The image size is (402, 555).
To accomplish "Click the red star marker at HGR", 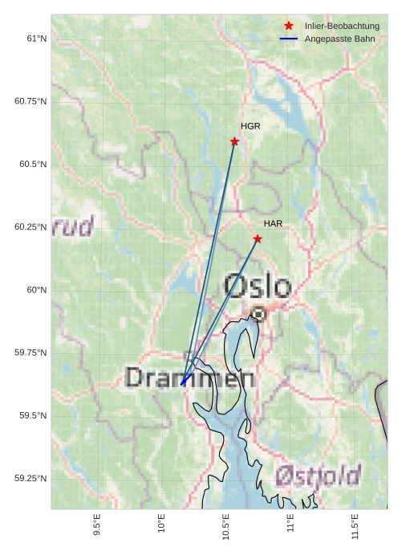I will tap(234, 141).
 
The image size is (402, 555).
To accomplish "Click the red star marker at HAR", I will tap(258, 239).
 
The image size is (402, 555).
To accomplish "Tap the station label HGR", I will tap(250, 126).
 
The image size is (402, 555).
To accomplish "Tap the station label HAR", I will tap(273, 223).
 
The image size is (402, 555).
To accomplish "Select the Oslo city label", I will tap(258, 286).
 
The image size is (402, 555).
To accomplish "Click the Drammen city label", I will tap(190, 377).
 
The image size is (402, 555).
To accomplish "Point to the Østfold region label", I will tap(317, 476).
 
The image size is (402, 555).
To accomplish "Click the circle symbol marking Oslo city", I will tap(258, 314).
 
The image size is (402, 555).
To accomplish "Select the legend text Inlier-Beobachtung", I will tap(342, 27).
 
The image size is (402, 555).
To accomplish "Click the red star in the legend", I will tap(289, 27).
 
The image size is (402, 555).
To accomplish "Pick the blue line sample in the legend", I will tap(289, 39).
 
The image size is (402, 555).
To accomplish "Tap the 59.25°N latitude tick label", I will tap(31, 479).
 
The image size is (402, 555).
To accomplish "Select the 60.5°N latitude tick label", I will tap(31, 164).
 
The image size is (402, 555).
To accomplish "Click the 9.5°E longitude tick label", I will tap(97, 525).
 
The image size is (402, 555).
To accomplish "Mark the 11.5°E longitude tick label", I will tap(355, 525).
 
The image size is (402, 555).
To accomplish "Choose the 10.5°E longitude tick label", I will tap(226, 525).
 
